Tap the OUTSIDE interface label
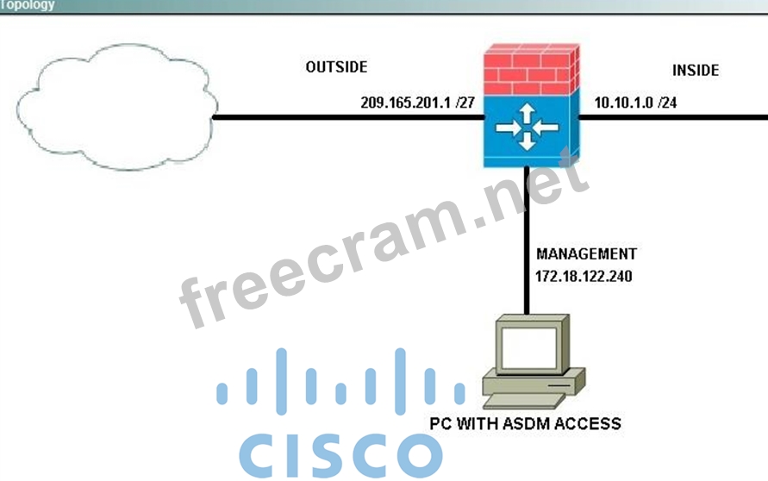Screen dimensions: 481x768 pos(336,67)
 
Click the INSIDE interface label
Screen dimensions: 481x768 pos(695,71)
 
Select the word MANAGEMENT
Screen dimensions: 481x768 pos(586,254)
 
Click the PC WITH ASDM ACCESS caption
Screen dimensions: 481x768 pos(525,423)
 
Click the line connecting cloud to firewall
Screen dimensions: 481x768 pos(345,118)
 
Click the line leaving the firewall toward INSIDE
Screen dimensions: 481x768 pos(672,118)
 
